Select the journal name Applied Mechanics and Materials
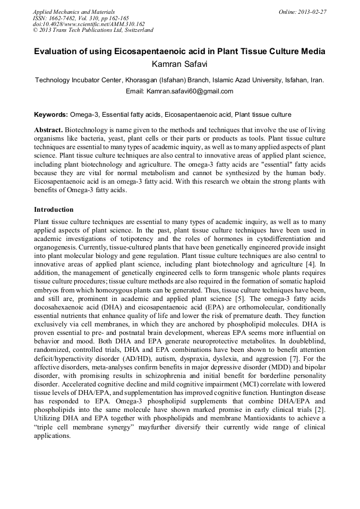(x=73, y=11)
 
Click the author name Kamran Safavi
(x=179, y=64)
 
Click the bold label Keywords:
(x=51, y=115)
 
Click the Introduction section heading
(x=54, y=210)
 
